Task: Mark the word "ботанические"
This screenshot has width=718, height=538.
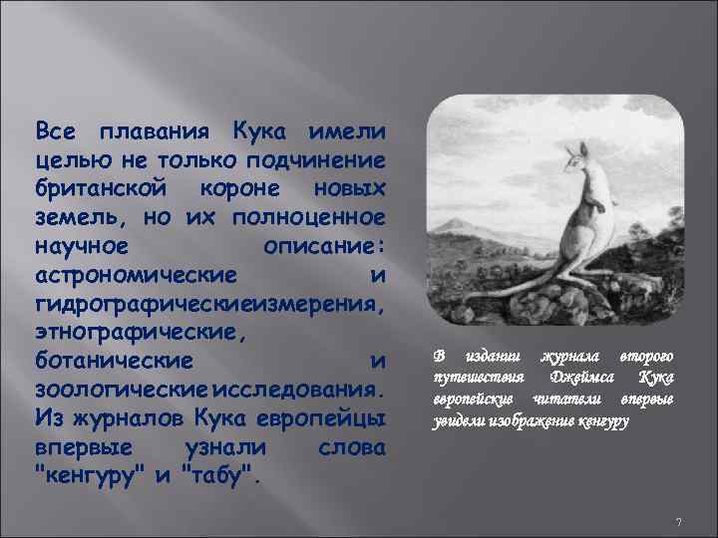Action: click(x=111, y=358)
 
